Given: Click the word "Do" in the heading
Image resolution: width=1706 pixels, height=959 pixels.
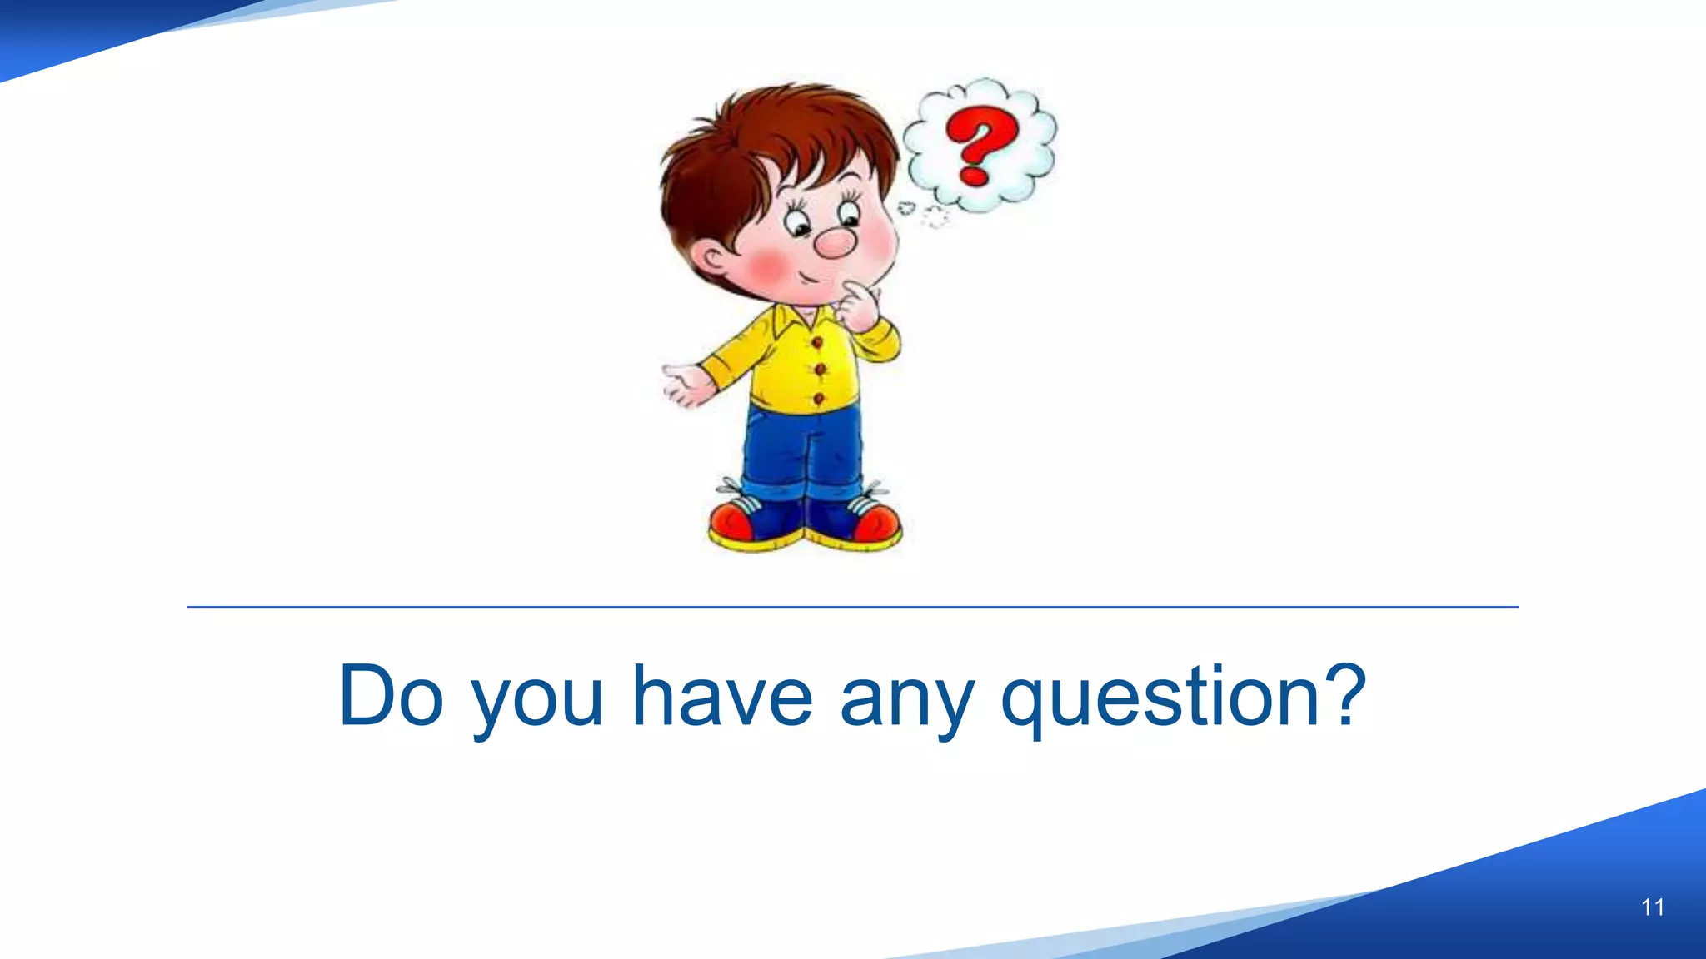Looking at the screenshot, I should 391,696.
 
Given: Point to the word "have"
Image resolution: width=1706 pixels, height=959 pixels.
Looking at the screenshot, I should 721,696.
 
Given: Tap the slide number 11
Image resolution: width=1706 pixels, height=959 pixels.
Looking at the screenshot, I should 1653,907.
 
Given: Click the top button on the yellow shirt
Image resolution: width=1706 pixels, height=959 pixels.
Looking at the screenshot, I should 817,341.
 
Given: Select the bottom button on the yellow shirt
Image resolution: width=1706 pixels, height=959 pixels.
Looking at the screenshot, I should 819,400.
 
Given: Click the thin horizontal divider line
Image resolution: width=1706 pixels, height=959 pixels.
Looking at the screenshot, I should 853,607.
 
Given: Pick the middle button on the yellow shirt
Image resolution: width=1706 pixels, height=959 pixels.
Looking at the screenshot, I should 819,369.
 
